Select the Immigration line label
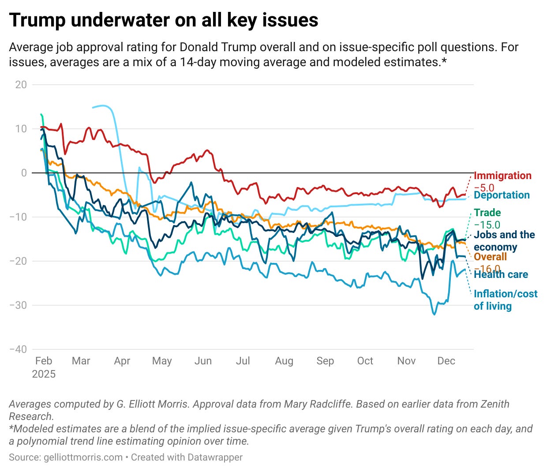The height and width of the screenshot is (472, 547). coord(502,176)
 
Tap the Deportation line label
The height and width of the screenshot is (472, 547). coord(502,195)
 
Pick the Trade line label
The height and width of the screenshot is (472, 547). coord(487,213)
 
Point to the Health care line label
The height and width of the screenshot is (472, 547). coord(501,274)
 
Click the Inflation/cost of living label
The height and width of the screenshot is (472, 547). coord(505,300)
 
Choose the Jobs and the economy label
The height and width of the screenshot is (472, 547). coord(504,241)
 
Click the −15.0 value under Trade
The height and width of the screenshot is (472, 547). coord(487,225)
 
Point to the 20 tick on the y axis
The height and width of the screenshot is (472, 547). coord(21,85)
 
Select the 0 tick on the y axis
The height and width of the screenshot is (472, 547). coord(24,173)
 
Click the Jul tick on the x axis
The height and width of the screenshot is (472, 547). coord(243,361)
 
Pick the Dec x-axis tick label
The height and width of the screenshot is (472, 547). coord(446,361)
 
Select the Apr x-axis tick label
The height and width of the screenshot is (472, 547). coord(122,361)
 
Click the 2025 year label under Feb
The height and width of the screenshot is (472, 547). coord(44,374)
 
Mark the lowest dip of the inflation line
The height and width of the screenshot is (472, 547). coord(434,314)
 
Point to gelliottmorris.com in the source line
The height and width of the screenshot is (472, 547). coord(83,457)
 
